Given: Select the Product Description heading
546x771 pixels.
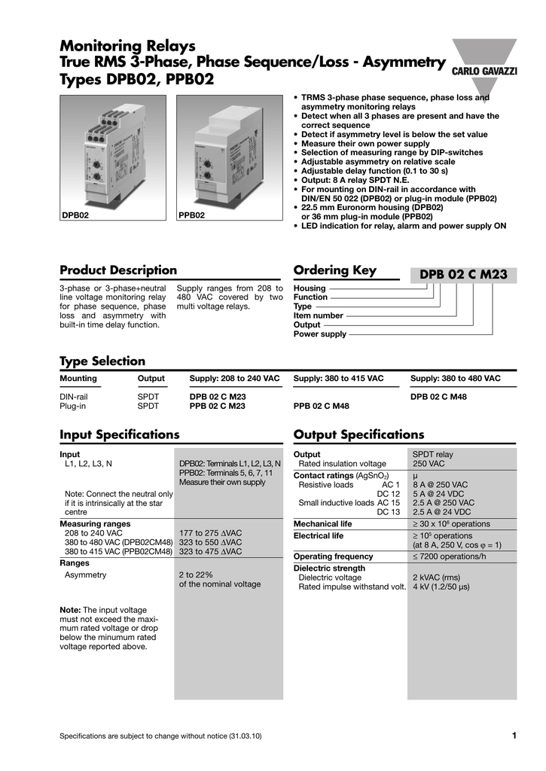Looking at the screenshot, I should (x=118, y=270).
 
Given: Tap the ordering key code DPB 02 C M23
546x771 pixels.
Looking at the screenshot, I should (x=463, y=276).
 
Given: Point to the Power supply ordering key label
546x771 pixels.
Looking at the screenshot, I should (x=320, y=334).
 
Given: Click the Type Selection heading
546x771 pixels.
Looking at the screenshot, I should (x=102, y=361).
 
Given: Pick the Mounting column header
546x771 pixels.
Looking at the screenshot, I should (x=78, y=377).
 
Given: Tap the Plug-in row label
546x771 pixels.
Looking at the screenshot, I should (x=73, y=406).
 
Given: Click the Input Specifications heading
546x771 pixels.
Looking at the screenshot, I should (x=119, y=434).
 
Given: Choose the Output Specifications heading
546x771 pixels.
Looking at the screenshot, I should (x=358, y=434).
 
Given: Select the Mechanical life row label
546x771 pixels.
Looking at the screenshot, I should (x=322, y=524).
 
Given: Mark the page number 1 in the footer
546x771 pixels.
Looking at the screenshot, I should (x=513, y=736).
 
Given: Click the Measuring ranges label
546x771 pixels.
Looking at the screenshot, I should (x=95, y=523).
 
